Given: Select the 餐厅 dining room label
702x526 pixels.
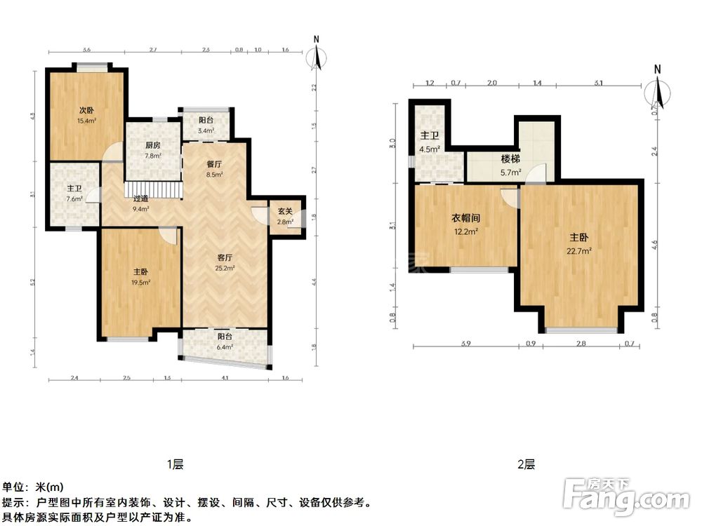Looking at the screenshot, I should point(214,163).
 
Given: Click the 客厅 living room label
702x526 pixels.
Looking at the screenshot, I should point(225,257).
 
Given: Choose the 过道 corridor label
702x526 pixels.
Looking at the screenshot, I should point(141,198).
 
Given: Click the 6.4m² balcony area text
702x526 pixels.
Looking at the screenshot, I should point(225,346).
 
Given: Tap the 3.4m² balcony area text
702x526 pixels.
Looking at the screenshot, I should point(205,130).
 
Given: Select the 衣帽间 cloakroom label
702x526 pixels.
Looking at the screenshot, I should point(465,218).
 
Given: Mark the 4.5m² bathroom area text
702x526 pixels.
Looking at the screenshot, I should point(430,149).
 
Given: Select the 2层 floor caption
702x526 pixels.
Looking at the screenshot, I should point(526,464).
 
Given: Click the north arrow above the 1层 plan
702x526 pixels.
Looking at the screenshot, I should point(317,54).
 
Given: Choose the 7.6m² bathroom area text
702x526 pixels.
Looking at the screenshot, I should point(74,199).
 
